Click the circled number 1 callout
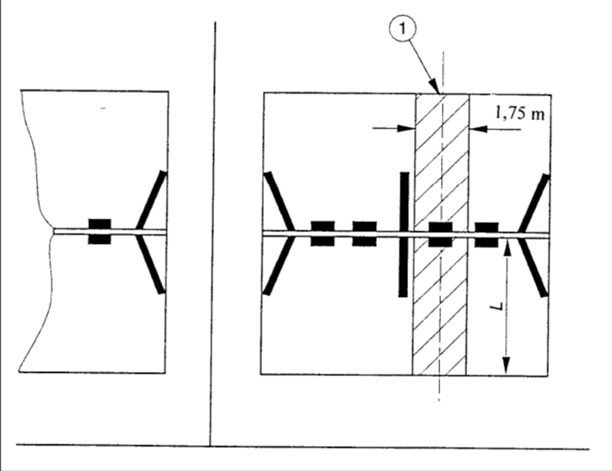click(402, 29)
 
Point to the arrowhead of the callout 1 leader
click(435, 87)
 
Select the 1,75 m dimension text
click(520, 114)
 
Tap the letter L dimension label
click(497, 307)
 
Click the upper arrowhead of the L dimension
click(507, 248)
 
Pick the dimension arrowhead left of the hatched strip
click(406, 128)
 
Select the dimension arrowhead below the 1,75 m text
click(479, 128)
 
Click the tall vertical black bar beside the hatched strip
click(403, 234)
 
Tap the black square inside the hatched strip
click(440, 234)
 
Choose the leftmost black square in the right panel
click(322, 233)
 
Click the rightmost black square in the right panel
click(486, 235)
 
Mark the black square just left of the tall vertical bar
click(364, 234)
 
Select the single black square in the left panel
click(99, 231)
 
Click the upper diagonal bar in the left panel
click(152, 200)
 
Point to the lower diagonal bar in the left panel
click(151, 264)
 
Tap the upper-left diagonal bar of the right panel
click(279, 201)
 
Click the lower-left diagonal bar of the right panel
click(277, 266)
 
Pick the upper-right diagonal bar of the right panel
click(534, 204)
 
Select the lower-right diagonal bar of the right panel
click(533, 268)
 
